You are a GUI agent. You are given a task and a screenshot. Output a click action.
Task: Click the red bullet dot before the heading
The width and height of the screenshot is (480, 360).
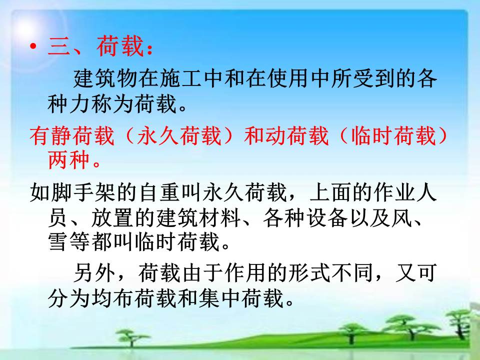[33, 46]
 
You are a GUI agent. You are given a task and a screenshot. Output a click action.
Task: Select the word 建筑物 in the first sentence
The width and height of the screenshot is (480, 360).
[105, 78]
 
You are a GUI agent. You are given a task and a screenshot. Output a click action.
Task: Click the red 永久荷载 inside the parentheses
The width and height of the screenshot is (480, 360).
[179, 135]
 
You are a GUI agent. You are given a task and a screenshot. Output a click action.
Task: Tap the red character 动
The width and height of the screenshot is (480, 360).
[275, 135]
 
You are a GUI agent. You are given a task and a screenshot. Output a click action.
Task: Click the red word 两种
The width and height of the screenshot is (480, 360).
[68, 160]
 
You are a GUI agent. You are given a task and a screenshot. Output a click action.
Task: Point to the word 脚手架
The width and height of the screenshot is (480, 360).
[83, 192]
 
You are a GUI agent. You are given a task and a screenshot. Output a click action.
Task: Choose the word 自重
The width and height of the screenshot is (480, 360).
[158, 192]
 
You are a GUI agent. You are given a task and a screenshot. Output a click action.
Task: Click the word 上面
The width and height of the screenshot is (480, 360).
[330, 192]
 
